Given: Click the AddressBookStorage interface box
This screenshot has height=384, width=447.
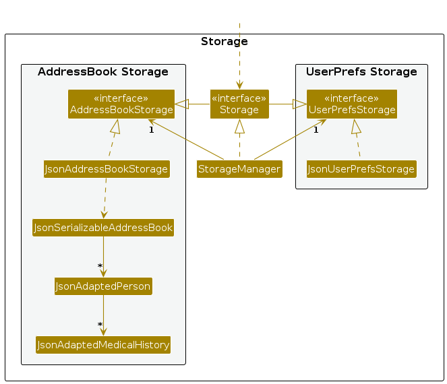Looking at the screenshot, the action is coord(121,104).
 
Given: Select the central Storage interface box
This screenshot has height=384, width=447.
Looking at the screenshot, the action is coord(239,104).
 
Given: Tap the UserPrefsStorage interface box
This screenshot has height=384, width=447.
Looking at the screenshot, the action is coord(352,104).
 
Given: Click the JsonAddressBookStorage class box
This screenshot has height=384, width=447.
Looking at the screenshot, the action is coord(107,169).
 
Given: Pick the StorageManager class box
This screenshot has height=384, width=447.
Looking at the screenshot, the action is coord(239,169).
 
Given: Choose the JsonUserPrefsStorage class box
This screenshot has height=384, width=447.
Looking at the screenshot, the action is coord(361,169).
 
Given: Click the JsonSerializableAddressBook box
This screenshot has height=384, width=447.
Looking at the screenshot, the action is coord(103,228).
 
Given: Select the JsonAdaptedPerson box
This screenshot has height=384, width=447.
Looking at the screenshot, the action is coord(103,286).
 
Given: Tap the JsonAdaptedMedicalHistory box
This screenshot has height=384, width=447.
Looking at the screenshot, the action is coord(103,345).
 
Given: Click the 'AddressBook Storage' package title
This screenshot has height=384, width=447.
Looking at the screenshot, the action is coord(103,71).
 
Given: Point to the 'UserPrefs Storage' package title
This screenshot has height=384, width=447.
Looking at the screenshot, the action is coord(361,71).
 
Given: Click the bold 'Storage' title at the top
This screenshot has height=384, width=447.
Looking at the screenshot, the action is coord(225,41).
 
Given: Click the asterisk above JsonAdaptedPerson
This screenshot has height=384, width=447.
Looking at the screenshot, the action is coord(100,266).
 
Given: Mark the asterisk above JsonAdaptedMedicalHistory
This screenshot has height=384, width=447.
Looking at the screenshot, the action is coord(100,325).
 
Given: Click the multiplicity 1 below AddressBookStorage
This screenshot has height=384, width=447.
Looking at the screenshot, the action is coord(152,130).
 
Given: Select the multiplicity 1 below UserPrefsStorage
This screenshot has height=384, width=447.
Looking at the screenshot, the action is coord(316,130).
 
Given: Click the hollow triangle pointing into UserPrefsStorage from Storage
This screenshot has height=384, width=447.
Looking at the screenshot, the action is coord(299,104).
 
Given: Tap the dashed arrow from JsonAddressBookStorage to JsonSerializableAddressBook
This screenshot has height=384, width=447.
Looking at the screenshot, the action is coord(105,198).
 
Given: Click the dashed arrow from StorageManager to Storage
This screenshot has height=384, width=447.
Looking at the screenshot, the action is coord(239,138).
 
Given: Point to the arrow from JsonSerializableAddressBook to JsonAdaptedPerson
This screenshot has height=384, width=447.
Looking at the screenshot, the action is coord(103,257).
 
